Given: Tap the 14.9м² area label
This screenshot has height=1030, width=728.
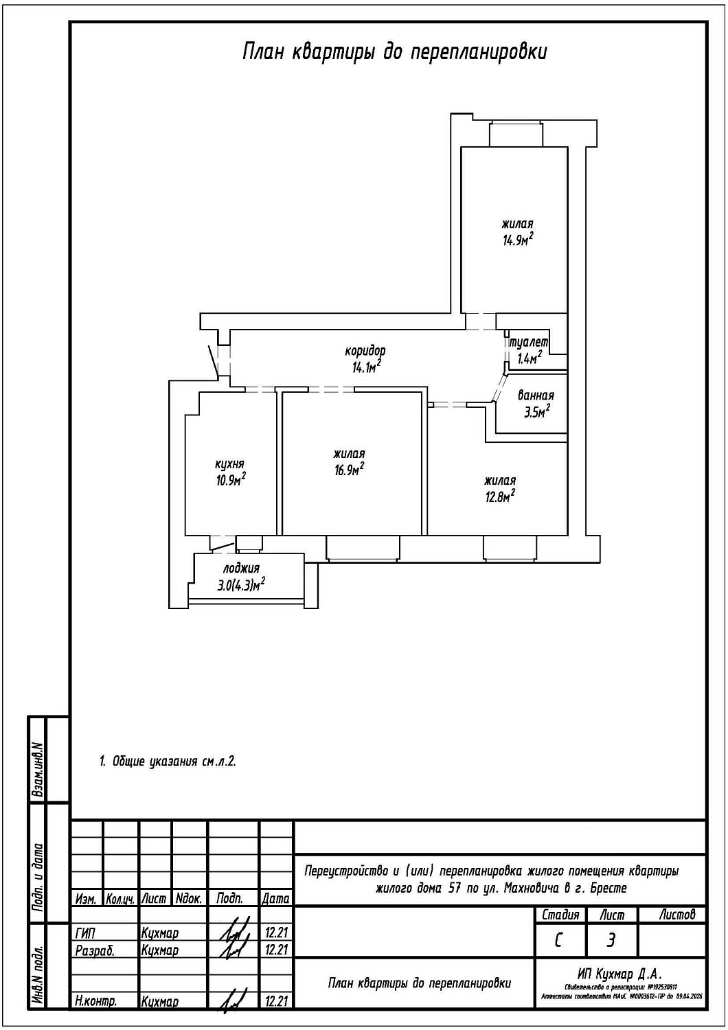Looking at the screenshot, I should pos(518,240).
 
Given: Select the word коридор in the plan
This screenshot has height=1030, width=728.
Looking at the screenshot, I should pos(365,351).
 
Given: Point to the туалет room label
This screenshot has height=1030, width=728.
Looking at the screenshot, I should pos(529,341).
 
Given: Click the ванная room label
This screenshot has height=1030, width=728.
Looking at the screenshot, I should pos(536,396).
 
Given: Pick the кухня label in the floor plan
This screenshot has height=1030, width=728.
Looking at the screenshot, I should pos(230,464).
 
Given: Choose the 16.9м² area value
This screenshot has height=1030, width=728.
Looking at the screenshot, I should pos(348,469).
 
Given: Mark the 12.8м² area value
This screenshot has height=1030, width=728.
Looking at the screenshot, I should pos(500,496).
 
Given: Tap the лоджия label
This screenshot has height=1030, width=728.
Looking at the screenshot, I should pos(241,569).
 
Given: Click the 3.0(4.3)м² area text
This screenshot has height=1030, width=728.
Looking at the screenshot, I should pos(241,585).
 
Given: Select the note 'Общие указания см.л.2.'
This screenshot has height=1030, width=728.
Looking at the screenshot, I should pos(168,762).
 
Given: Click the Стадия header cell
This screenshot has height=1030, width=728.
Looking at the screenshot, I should pos(560,915).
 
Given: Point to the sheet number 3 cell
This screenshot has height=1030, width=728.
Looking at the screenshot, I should pos(611,940).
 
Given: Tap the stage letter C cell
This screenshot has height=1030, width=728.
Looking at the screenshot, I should pos(559,940).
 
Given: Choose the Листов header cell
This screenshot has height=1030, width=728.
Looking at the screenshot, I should pos(676,915).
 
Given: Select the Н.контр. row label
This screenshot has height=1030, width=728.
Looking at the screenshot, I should pos(96,1002).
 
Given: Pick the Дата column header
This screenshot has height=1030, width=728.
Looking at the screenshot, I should pos(276,898).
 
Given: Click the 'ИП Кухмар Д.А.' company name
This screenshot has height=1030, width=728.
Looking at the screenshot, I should pos(619,974).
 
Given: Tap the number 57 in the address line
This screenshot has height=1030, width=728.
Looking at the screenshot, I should pos(455,888).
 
